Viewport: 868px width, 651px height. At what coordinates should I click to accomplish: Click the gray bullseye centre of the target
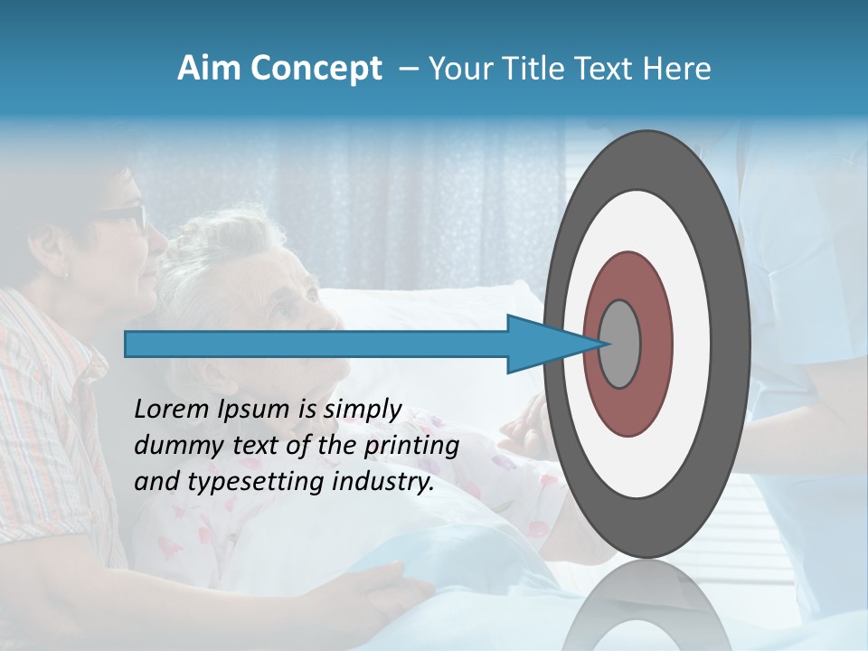click(x=620, y=344)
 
